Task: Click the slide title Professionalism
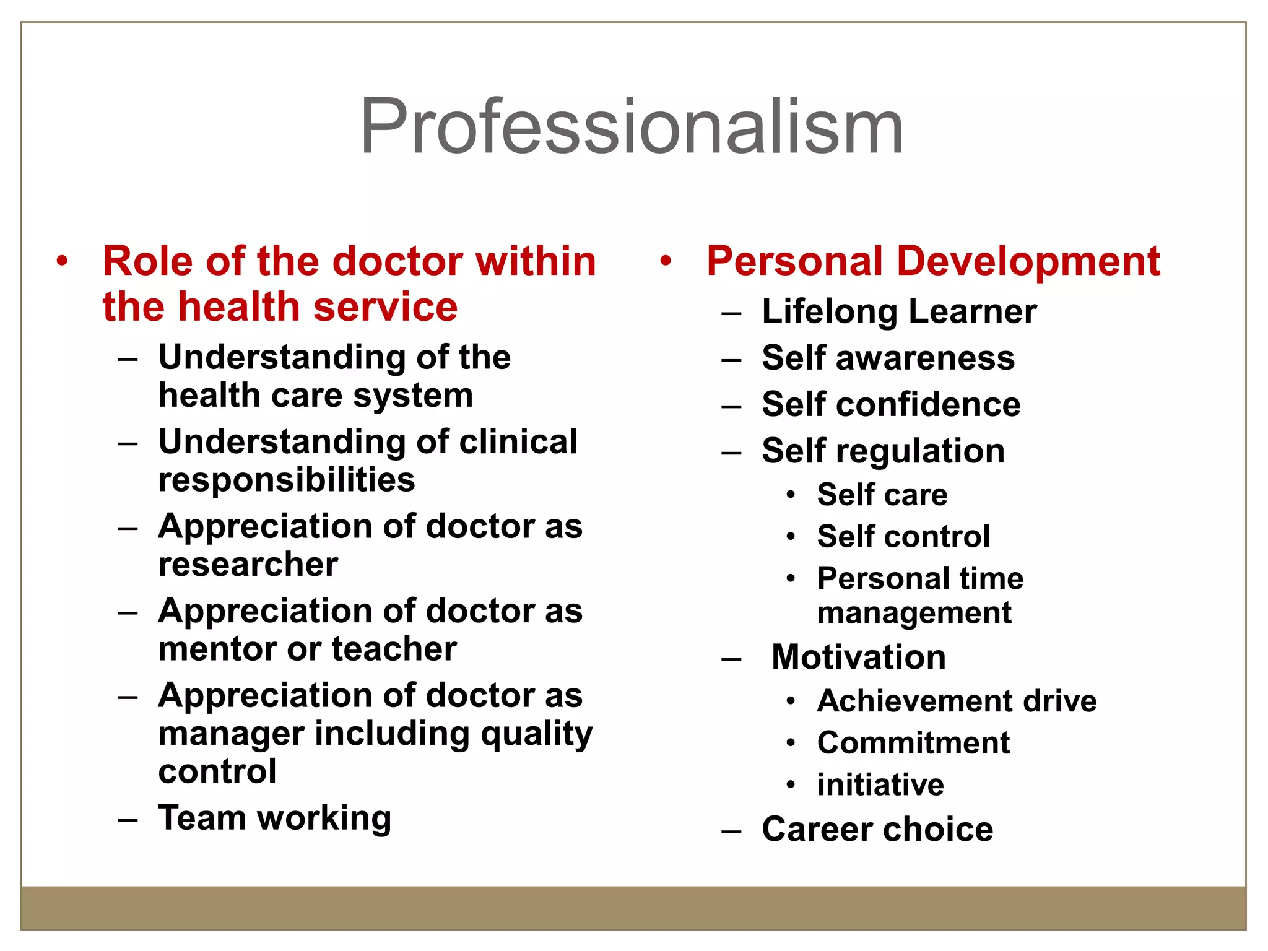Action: point(632,127)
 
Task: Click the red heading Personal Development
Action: point(933,261)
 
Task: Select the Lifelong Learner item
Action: point(899,311)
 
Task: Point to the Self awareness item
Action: point(888,358)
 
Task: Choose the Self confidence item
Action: point(891,404)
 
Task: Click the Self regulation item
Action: point(884,451)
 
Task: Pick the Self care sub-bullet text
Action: point(882,495)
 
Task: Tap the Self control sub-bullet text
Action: point(903,536)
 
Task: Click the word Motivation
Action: point(859,657)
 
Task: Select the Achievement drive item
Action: point(957,701)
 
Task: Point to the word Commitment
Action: point(913,742)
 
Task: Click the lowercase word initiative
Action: point(880,784)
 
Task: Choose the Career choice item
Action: point(877,829)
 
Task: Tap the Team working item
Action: point(275,818)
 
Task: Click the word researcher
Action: point(248,564)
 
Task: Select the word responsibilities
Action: point(287,480)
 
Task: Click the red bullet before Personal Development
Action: point(666,261)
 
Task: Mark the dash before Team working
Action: point(128,820)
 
